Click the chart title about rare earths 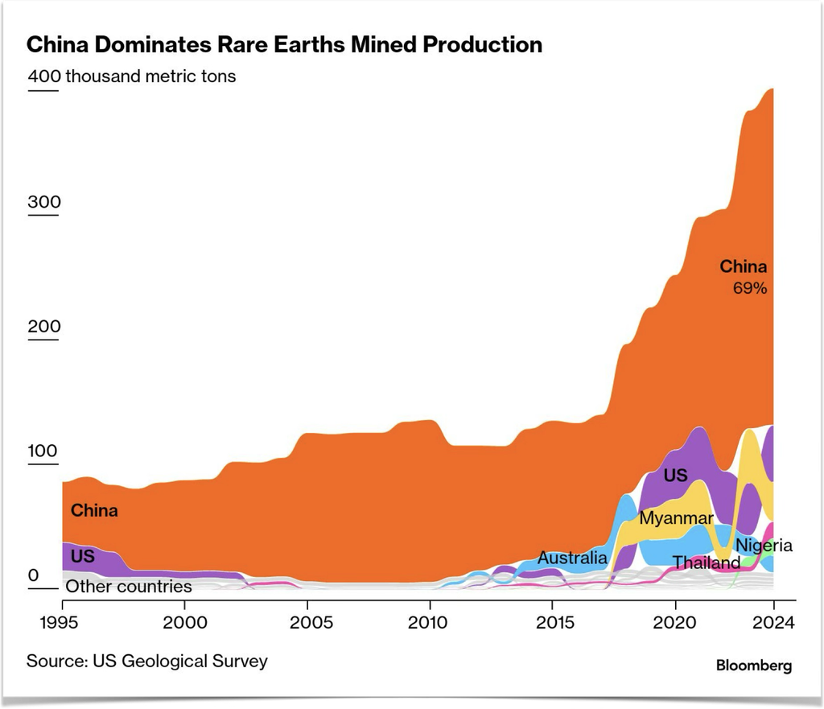pos(284,45)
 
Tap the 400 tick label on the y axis pos(44,76)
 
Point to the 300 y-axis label pos(44,202)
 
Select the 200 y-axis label pos(44,327)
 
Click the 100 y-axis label pos(43,451)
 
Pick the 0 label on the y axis pos(34,575)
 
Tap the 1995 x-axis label pos(59,622)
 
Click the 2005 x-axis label pos(311,622)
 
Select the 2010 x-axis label pos(428,622)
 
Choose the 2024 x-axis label pos(773,622)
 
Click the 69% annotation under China pos(750,288)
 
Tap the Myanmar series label pos(676,518)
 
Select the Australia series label pos(572,558)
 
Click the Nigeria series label pos(764,546)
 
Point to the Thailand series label pos(707,563)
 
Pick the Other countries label pos(129,586)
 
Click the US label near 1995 pos(83,556)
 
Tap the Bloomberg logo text pos(754,666)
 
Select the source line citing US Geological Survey pos(147,662)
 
